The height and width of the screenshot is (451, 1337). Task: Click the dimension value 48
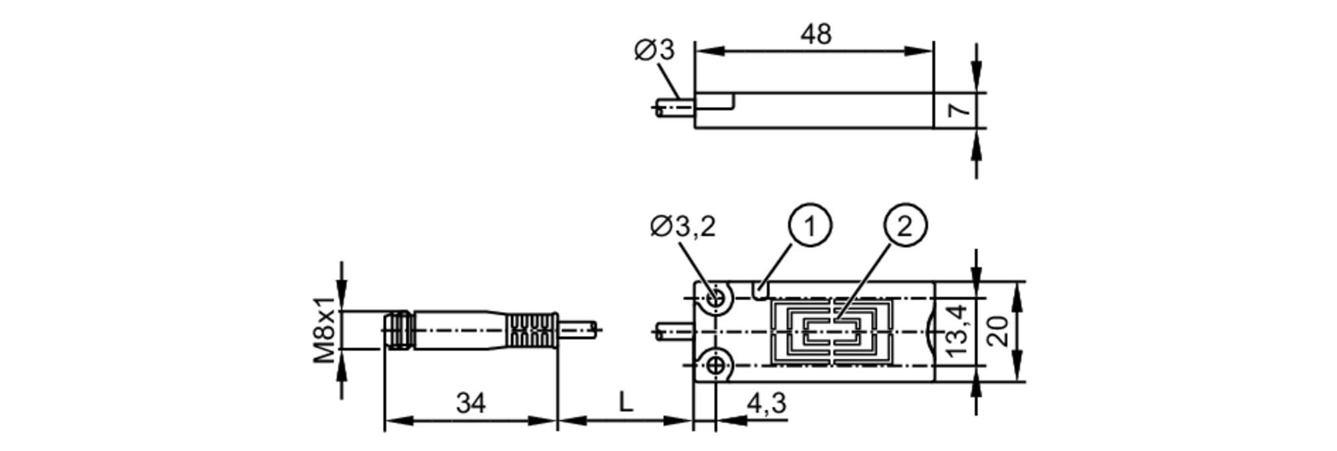tap(816, 35)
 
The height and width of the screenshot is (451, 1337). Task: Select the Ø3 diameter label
tap(654, 51)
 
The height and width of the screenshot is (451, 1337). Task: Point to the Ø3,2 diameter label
tap(683, 227)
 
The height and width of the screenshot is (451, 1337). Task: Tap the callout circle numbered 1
tap(810, 227)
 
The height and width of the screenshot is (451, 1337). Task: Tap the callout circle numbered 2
tap(905, 227)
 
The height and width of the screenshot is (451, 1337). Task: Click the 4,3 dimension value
tap(766, 404)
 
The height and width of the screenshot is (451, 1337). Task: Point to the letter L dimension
tap(626, 403)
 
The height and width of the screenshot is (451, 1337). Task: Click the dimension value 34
tap(471, 404)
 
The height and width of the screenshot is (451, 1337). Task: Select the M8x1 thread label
tap(326, 330)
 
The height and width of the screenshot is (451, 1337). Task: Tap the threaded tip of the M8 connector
tap(398, 330)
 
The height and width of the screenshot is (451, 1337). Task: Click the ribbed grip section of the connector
tap(532, 330)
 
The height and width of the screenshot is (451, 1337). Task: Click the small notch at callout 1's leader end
tap(761, 291)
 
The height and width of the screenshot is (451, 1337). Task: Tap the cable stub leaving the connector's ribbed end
tap(577, 330)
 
